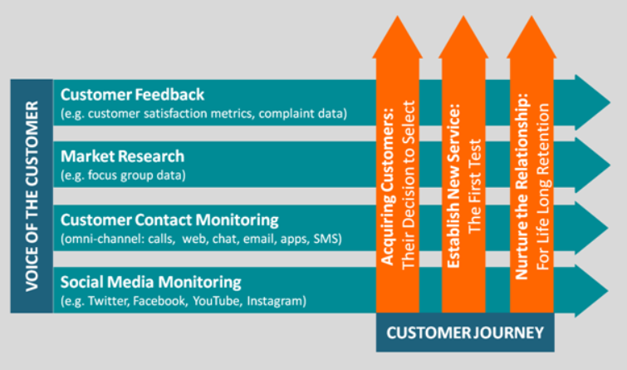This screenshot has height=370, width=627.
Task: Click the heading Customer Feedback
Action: [x=132, y=94]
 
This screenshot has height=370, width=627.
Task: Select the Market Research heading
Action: [x=122, y=156]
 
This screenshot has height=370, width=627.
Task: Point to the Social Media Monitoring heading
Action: [x=150, y=281]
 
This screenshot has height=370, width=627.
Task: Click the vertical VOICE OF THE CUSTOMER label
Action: [x=32, y=196]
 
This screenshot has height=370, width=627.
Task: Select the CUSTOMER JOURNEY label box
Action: [x=465, y=333]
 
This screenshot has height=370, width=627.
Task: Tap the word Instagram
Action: [x=276, y=299]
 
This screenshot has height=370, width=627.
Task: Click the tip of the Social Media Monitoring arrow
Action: [x=606, y=288]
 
